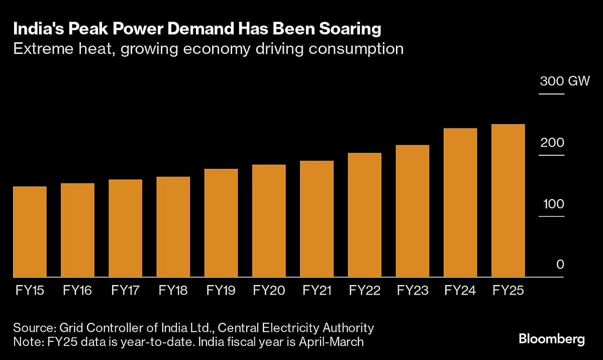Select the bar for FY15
click(x=30, y=232)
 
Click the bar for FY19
click(x=221, y=223)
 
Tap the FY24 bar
click(x=460, y=203)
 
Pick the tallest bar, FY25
click(x=508, y=201)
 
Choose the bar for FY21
click(x=317, y=219)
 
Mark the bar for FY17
click(x=125, y=228)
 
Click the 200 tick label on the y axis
click(x=552, y=143)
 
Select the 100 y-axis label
click(x=552, y=204)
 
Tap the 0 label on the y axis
click(x=560, y=265)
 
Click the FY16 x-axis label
click(x=77, y=291)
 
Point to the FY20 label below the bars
click(x=269, y=291)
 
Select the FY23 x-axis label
click(x=413, y=291)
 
